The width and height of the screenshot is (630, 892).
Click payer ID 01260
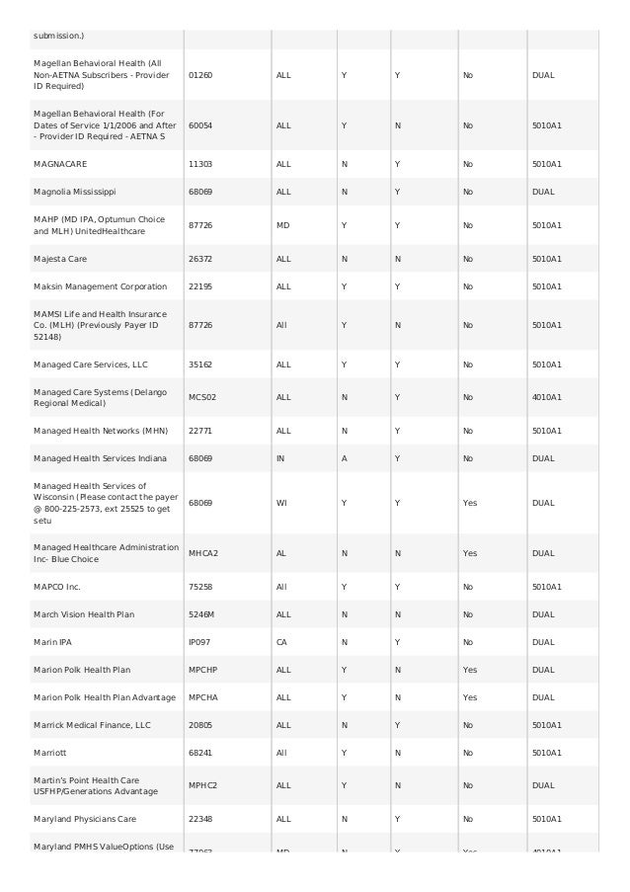[200, 75]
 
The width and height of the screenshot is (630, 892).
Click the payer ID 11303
[200, 164]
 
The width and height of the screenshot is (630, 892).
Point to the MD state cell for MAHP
[283, 225]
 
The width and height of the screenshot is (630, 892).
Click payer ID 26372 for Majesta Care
[200, 259]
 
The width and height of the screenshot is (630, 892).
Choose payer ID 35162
[200, 364]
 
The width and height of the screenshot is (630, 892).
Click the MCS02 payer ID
[201, 397]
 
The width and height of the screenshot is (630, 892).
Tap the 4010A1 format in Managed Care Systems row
[546, 397]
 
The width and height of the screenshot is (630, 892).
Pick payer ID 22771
[200, 431]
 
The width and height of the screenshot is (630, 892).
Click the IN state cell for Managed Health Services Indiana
[280, 458]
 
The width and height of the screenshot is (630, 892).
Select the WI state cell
[281, 503]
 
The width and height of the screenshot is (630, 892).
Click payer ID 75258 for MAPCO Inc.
[200, 587]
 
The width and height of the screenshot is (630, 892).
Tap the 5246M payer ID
[201, 614]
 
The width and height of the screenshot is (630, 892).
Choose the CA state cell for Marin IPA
[281, 642]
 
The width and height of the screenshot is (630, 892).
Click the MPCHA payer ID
[202, 697]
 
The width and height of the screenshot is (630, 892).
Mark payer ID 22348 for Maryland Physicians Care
[200, 819]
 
